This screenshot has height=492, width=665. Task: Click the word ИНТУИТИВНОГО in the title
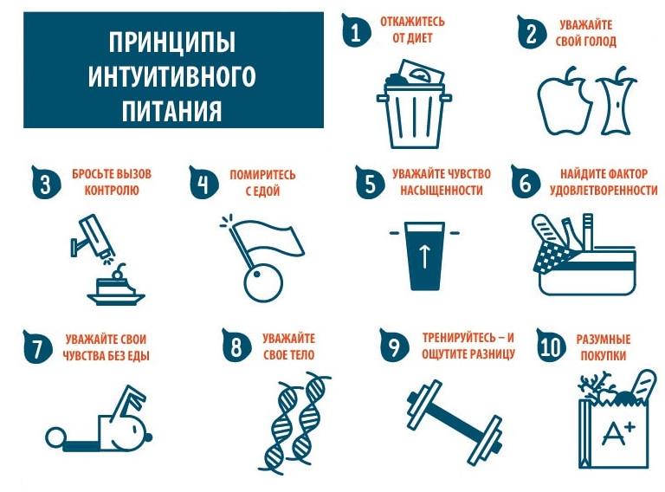tap(171, 76)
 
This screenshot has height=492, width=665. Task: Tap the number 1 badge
tap(355, 32)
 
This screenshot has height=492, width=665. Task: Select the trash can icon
tap(414, 103)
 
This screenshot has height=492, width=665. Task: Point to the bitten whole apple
tap(565, 101)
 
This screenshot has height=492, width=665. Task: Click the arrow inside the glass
tap(424, 257)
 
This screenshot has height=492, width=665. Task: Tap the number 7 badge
tap(38, 347)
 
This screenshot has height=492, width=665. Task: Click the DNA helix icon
tap(295, 424)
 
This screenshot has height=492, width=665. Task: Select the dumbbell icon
tap(455, 423)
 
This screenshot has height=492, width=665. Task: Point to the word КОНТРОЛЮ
tap(112, 190)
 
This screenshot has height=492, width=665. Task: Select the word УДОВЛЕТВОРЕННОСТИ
tap(604, 191)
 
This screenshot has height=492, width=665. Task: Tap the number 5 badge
tap(371, 183)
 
